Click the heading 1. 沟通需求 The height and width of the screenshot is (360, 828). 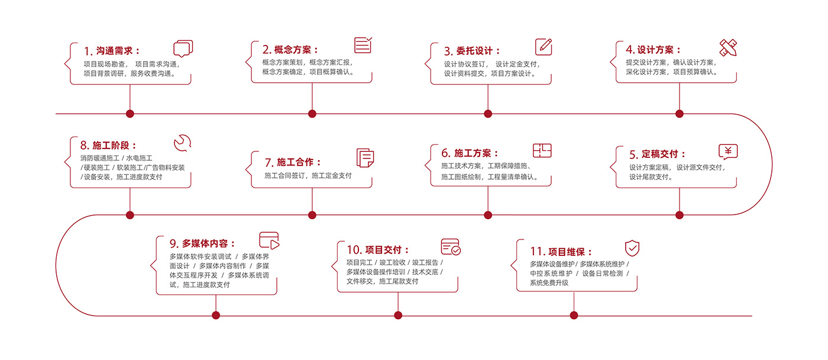click(x=112, y=51)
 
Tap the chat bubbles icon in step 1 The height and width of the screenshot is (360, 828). click(x=183, y=48)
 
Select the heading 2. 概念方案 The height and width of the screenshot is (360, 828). click(x=290, y=50)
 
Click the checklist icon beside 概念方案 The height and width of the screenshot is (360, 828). click(x=363, y=46)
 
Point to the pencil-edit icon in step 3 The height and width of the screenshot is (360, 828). click(x=544, y=47)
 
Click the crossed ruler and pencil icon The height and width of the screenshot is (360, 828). click(x=727, y=47)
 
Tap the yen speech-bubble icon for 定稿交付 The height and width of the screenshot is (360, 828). click(x=728, y=152)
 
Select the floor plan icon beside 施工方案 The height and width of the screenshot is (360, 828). click(x=542, y=151)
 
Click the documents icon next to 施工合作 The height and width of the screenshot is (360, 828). click(x=365, y=157)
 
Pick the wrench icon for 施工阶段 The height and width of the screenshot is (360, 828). click(x=182, y=143)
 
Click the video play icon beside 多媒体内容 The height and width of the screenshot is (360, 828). click(x=269, y=240)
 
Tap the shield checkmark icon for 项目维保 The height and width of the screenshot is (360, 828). click(x=632, y=248)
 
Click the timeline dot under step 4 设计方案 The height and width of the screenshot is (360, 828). click(x=679, y=113)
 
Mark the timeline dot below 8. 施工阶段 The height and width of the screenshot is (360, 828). click(x=130, y=215)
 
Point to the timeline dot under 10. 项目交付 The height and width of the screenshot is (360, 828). click(x=397, y=316)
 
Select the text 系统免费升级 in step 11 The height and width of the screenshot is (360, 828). click(x=549, y=283)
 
